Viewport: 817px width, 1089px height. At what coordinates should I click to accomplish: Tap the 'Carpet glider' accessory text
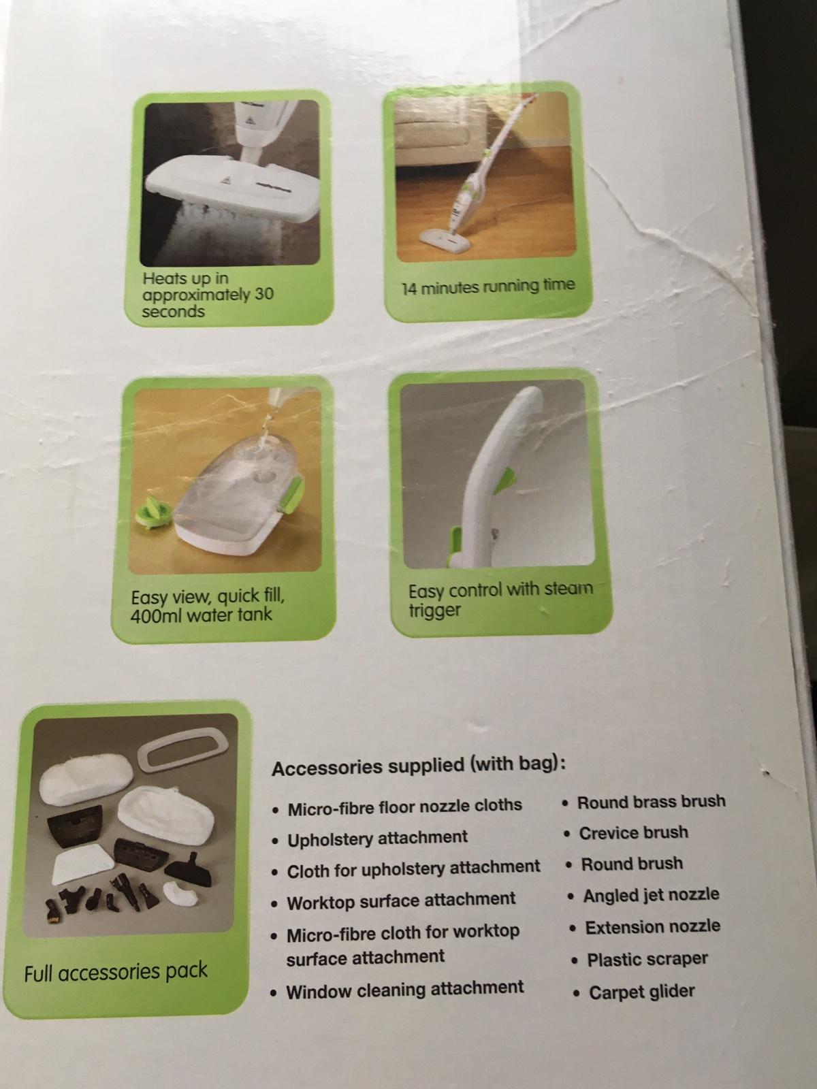(641, 992)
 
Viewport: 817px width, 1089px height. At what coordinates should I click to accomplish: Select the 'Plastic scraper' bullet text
(647, 959)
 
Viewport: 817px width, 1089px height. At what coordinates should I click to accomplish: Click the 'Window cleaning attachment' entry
(405, 990)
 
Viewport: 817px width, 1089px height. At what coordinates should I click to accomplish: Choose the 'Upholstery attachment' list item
(377, 838)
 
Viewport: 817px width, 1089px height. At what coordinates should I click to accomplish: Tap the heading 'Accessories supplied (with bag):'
(419, 766)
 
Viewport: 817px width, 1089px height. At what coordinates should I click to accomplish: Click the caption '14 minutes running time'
(488, 287)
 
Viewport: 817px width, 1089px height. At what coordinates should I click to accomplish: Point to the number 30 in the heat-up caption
(264, 294)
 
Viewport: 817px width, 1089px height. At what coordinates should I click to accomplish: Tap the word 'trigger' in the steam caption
(434, 611)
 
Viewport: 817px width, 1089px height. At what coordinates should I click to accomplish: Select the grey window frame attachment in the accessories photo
(183, 749)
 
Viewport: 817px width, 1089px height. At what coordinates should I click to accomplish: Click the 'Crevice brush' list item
(633, 832)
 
